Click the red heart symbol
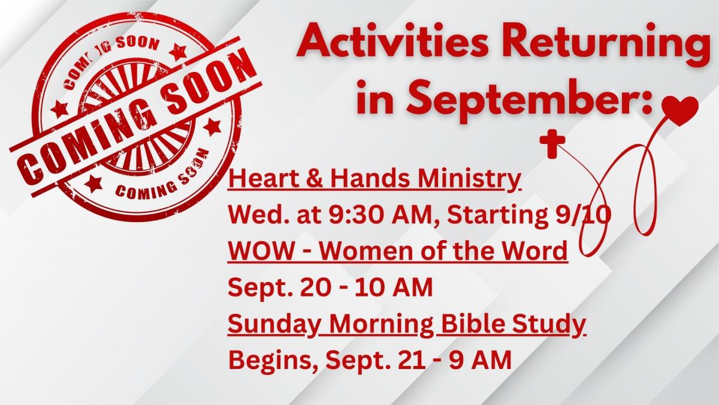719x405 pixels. click(680, 106)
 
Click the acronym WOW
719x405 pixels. click(261, 251)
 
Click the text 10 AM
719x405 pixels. click(394, 287)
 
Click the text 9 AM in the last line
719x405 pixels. click(480, 360)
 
